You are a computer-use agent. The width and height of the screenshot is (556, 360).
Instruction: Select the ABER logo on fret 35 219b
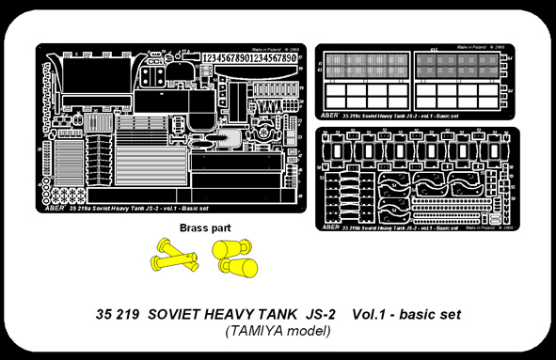click(331, 227)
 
